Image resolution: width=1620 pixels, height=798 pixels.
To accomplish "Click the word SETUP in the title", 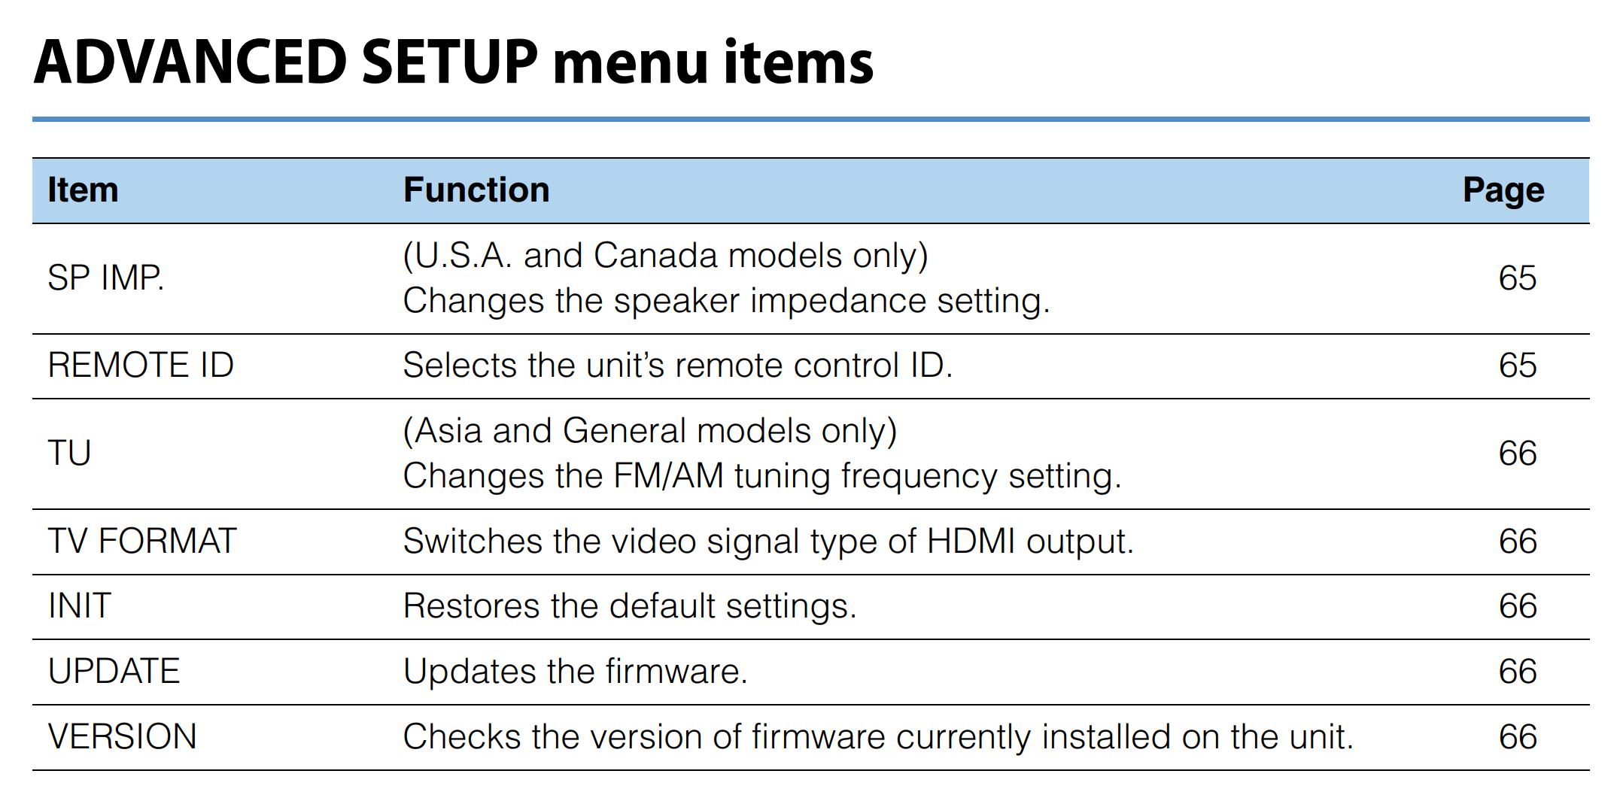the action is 449,62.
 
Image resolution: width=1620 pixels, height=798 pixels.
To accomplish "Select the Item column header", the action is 83,190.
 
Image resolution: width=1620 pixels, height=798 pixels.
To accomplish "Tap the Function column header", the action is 476,190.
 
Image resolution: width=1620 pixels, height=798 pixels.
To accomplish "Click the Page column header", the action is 1503,190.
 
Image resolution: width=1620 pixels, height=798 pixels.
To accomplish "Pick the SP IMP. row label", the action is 105,278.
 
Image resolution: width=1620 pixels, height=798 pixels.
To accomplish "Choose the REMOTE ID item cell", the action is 141,366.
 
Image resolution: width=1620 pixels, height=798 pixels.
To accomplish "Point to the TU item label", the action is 69,454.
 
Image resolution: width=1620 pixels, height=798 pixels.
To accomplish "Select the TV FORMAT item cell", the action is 142,542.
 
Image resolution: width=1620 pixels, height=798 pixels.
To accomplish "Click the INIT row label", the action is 79,606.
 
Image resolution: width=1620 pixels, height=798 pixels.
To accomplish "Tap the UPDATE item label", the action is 114,672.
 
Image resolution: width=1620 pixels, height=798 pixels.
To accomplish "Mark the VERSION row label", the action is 122,736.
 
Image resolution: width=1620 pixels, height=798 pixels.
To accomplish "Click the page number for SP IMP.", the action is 1517,278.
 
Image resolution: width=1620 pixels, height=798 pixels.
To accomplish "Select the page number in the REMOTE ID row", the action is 1517,366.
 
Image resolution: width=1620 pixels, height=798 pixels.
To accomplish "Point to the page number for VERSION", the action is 1517,736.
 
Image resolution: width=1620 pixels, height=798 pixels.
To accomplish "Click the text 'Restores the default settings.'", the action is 630,606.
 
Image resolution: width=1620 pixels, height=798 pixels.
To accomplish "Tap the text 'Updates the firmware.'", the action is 575,672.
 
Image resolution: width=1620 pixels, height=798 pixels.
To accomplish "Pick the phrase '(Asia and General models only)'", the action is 650,431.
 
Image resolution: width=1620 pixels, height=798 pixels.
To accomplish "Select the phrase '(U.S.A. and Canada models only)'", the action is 665,256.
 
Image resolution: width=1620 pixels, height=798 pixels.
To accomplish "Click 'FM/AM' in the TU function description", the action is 668,476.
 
